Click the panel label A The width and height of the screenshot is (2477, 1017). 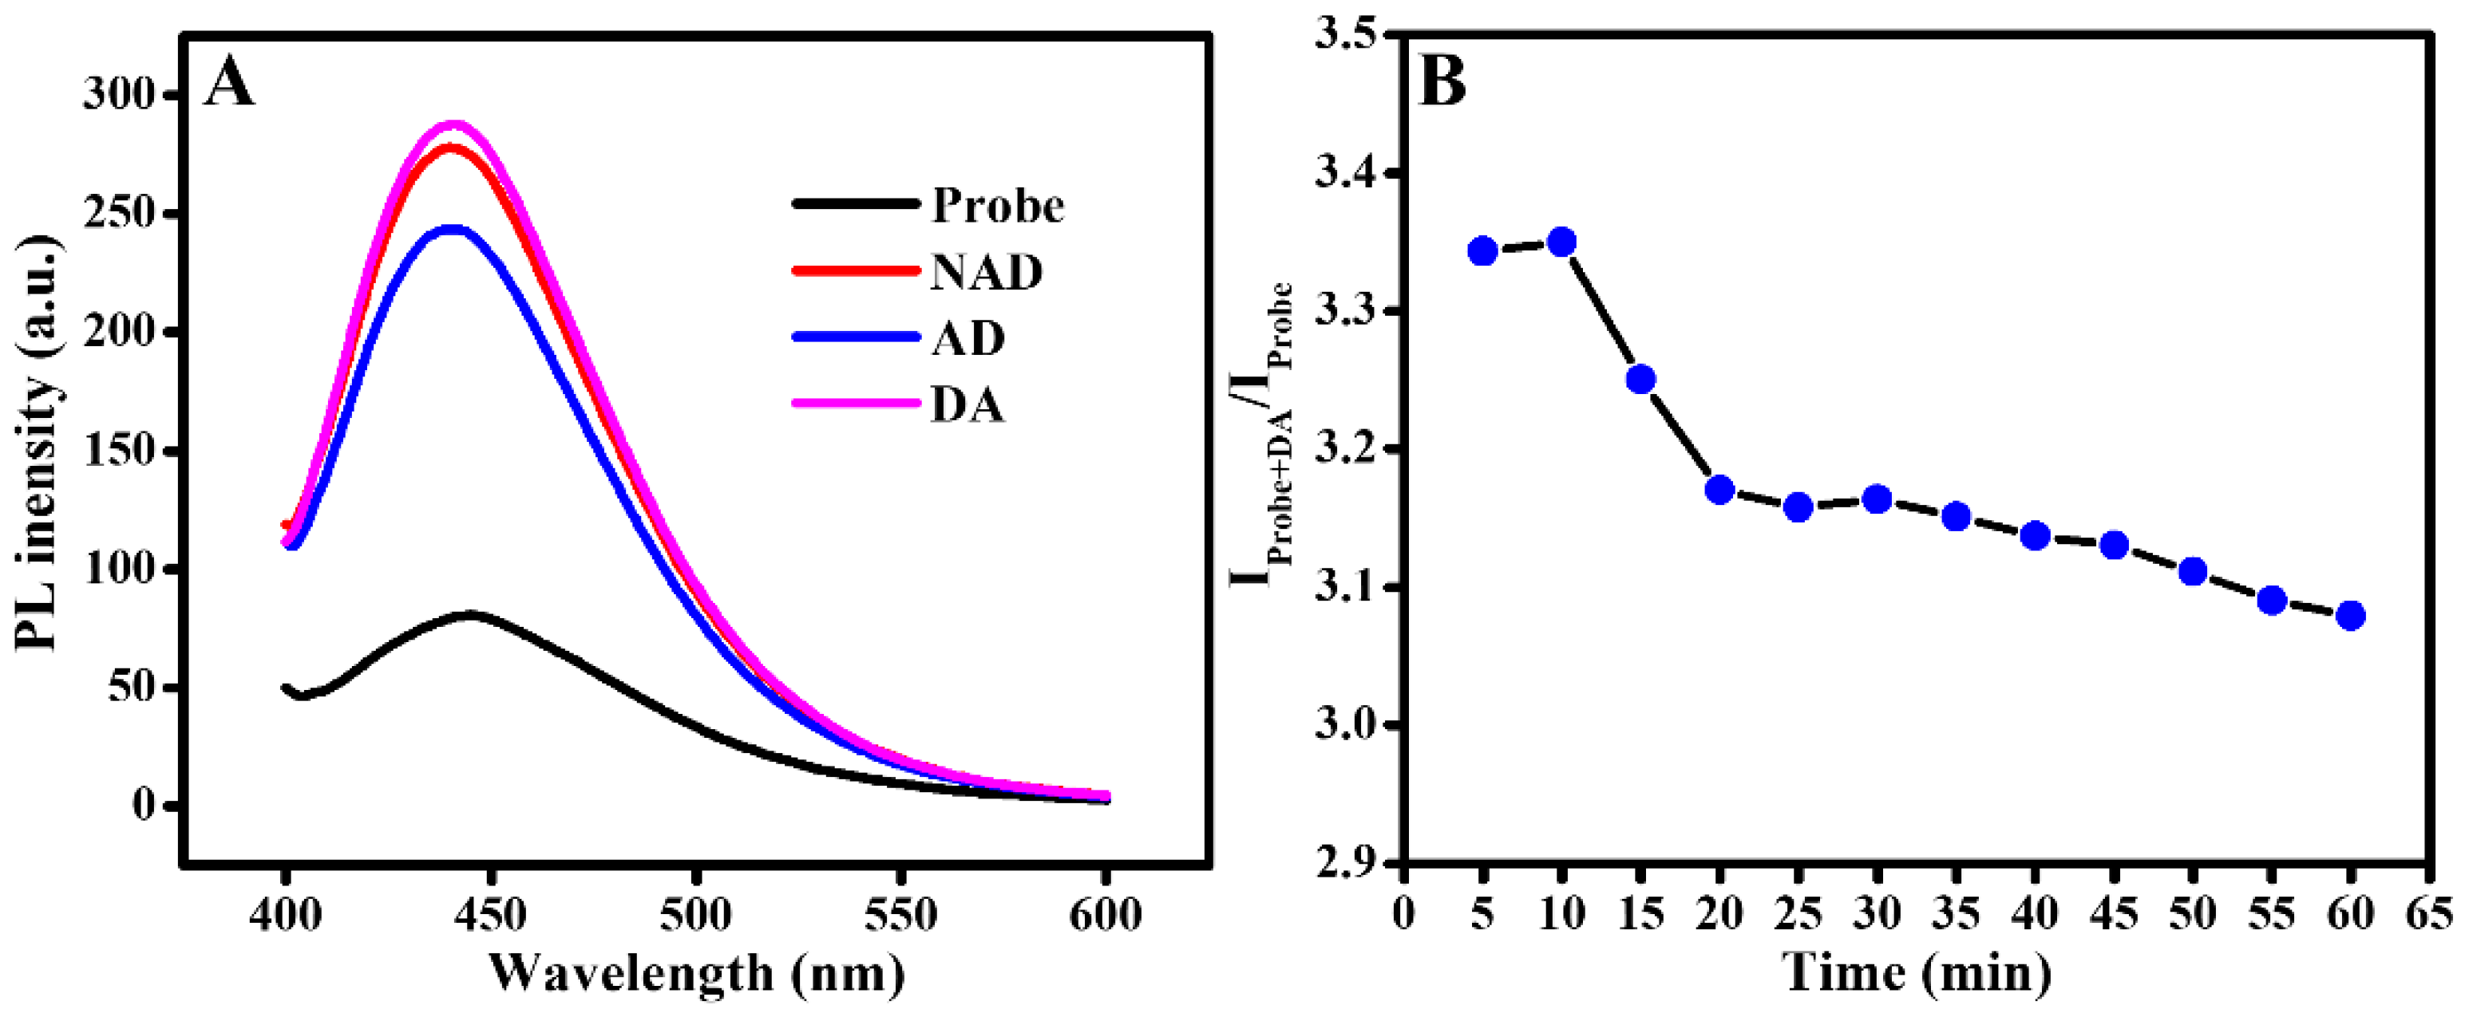[x=230, y=83]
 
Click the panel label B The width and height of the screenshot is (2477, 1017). [x=1442, y=83]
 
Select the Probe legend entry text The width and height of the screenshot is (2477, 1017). [x=997, y=206]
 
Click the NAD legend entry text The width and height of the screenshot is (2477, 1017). [x=986, y=273]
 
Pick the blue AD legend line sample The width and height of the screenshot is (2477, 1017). [x=855, y=337]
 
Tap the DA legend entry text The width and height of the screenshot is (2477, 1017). [x=967, y=404]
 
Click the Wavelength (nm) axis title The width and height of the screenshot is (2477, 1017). [x=697, y=974]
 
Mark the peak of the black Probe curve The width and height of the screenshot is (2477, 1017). [x=469, y=613]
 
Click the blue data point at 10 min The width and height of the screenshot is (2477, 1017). [x=1561, y=241]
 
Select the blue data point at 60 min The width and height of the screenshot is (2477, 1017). [x=2350, y=615]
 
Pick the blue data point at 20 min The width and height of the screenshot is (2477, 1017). [x=1719, y=491]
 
